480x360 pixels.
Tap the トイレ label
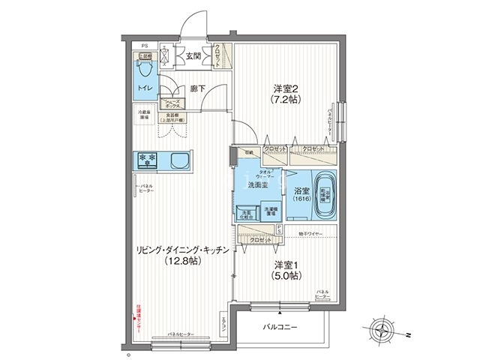[144, 88]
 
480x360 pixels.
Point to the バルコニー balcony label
[280, 328]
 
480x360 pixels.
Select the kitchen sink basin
[181, 160]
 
